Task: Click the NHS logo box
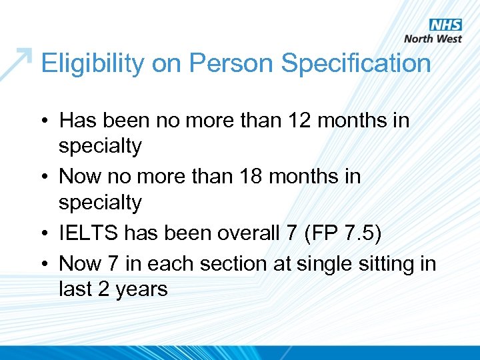tap(445, 25)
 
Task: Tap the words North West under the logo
tap(433, 39)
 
